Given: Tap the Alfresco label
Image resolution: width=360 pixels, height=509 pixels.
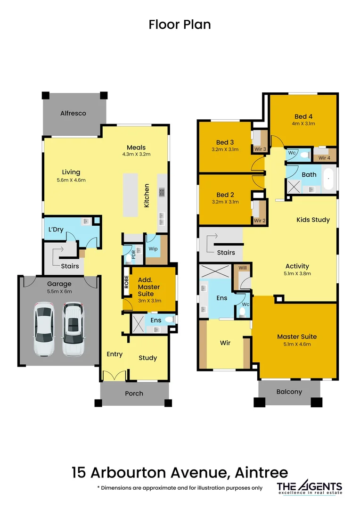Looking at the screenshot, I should pos(73,113).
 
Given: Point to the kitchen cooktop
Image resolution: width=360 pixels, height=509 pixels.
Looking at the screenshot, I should pos(162,192).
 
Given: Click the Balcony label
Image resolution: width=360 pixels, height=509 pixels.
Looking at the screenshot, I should pos(289,392).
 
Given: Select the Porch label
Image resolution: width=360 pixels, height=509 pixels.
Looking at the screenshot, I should pos(134,393).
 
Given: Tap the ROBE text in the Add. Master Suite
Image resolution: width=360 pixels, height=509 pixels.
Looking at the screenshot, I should pos(126,281).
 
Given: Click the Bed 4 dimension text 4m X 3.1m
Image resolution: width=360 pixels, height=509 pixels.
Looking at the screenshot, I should pos(303,123).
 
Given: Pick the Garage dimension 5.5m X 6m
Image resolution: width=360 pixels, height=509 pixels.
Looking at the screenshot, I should pos(59,291).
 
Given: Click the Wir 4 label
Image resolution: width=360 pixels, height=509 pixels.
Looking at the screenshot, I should pos(324,157).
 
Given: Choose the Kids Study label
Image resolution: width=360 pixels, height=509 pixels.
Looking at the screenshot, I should pos(313,220).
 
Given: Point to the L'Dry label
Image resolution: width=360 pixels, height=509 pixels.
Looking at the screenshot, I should pos(56,229).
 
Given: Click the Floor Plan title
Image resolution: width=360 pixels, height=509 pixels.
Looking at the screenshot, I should pos(180,25).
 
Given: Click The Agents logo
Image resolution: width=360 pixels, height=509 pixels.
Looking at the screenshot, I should pos(309,488).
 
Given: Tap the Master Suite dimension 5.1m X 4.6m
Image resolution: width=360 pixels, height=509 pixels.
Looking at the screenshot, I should pos(297,344).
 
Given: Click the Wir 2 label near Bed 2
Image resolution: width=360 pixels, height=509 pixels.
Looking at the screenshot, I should pos(260,220).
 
